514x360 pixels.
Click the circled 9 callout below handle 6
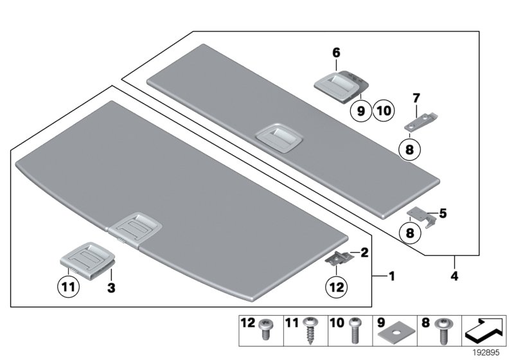[360, 111]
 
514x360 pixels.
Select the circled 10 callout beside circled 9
[383, 111]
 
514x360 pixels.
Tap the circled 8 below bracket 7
[409, 149]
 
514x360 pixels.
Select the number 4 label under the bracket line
[455, 278]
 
